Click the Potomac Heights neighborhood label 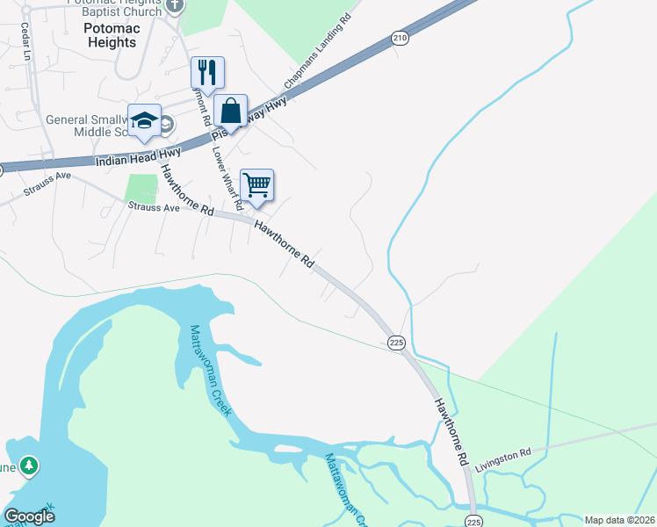pos(111,36)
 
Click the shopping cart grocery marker pos(256,184)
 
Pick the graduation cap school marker pos(144,120)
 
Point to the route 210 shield pos(401,38)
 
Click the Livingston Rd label pos(503,460)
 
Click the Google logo pos(29,516)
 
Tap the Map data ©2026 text pos(619,520)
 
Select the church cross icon pos(175,5)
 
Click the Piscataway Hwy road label pos(249,119)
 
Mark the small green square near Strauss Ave pos(141,188)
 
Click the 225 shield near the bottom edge pos(473,520)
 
